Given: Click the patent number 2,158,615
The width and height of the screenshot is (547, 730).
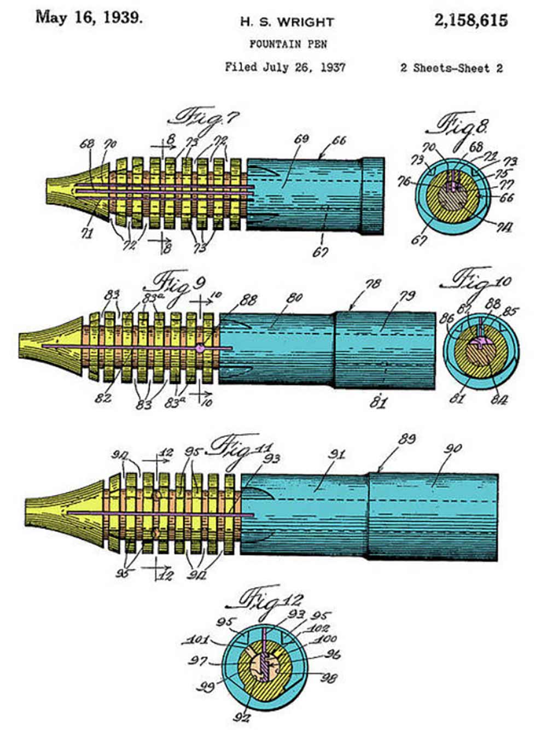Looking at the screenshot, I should click(x=471, y=21).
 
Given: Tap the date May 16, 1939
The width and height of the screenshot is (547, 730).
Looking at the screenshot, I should click(x=89, y=18).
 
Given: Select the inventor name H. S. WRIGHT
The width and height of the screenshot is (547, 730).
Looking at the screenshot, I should click(x=287, y=22).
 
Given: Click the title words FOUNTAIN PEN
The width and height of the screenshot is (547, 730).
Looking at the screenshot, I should click(x=288, y=43).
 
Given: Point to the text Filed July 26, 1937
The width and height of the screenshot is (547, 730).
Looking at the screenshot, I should click(x=285, y=67).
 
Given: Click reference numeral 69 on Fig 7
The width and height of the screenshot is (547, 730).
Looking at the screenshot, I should click(x=301, y=140).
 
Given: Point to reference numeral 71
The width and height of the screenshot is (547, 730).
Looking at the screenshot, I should click(x=86, y=233).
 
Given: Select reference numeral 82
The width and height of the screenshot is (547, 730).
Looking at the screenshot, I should click(x=103, y=399).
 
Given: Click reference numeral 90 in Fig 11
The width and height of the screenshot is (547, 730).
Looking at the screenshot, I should click(x=453, y=449).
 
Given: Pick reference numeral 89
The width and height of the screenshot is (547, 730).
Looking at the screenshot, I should click(x=406, y=439).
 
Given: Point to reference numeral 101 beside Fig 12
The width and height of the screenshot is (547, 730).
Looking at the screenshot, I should click(x=197, y=639).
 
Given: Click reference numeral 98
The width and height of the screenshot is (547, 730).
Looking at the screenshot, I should click(x=329, y=678).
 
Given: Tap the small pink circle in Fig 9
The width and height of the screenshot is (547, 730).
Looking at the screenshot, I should click(x=200, y=348).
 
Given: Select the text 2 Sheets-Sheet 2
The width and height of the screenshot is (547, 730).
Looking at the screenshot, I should click(x=451, y=68).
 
